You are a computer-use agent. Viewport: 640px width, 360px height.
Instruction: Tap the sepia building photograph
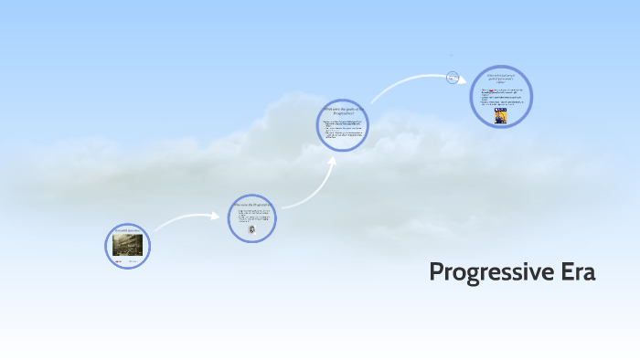click(127, 244)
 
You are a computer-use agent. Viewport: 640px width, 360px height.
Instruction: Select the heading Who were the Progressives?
click(252, 205)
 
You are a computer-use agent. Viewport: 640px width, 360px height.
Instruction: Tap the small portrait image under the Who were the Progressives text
click(252, 230)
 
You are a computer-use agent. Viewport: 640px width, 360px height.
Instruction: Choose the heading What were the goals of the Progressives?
click(343, 111)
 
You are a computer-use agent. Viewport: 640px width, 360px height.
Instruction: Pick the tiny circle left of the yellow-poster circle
click(452, 78)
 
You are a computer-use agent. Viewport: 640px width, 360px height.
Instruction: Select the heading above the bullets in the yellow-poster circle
click(501, 78)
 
